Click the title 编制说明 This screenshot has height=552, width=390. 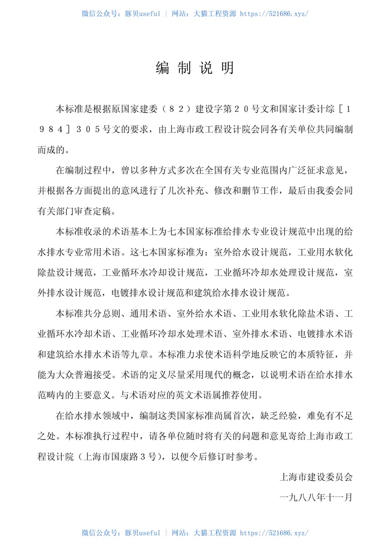point(195,68)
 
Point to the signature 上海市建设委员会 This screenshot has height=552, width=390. point(316,477)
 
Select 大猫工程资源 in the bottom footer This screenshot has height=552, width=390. point(215,533)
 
